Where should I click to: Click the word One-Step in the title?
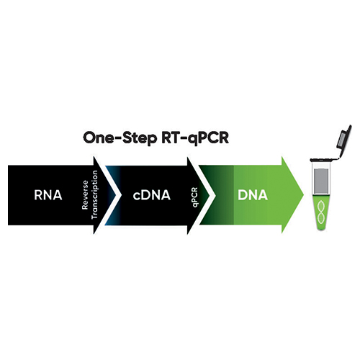(x=120, y=138)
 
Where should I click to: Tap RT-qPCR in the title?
(x=195, y=138)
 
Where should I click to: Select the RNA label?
(x=48, y=195)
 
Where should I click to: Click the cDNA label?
(x=152, y=195)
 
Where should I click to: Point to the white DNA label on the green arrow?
(x=253, y=195)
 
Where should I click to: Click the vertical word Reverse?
(x=85, y=195)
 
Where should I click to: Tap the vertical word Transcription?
(x=95, y=194)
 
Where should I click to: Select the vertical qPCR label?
(x=194, y=197)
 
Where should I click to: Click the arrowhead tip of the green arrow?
(x=304, y=195)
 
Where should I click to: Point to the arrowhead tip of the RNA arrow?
(x=115, y=195)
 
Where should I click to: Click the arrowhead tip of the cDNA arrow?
(x=210, y=195)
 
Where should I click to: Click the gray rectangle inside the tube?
(x=321, y=181)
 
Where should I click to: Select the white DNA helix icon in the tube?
(x=321, y=212)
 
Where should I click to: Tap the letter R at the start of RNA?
(x=38, y=195)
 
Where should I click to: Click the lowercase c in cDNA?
(x=137, y=197)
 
